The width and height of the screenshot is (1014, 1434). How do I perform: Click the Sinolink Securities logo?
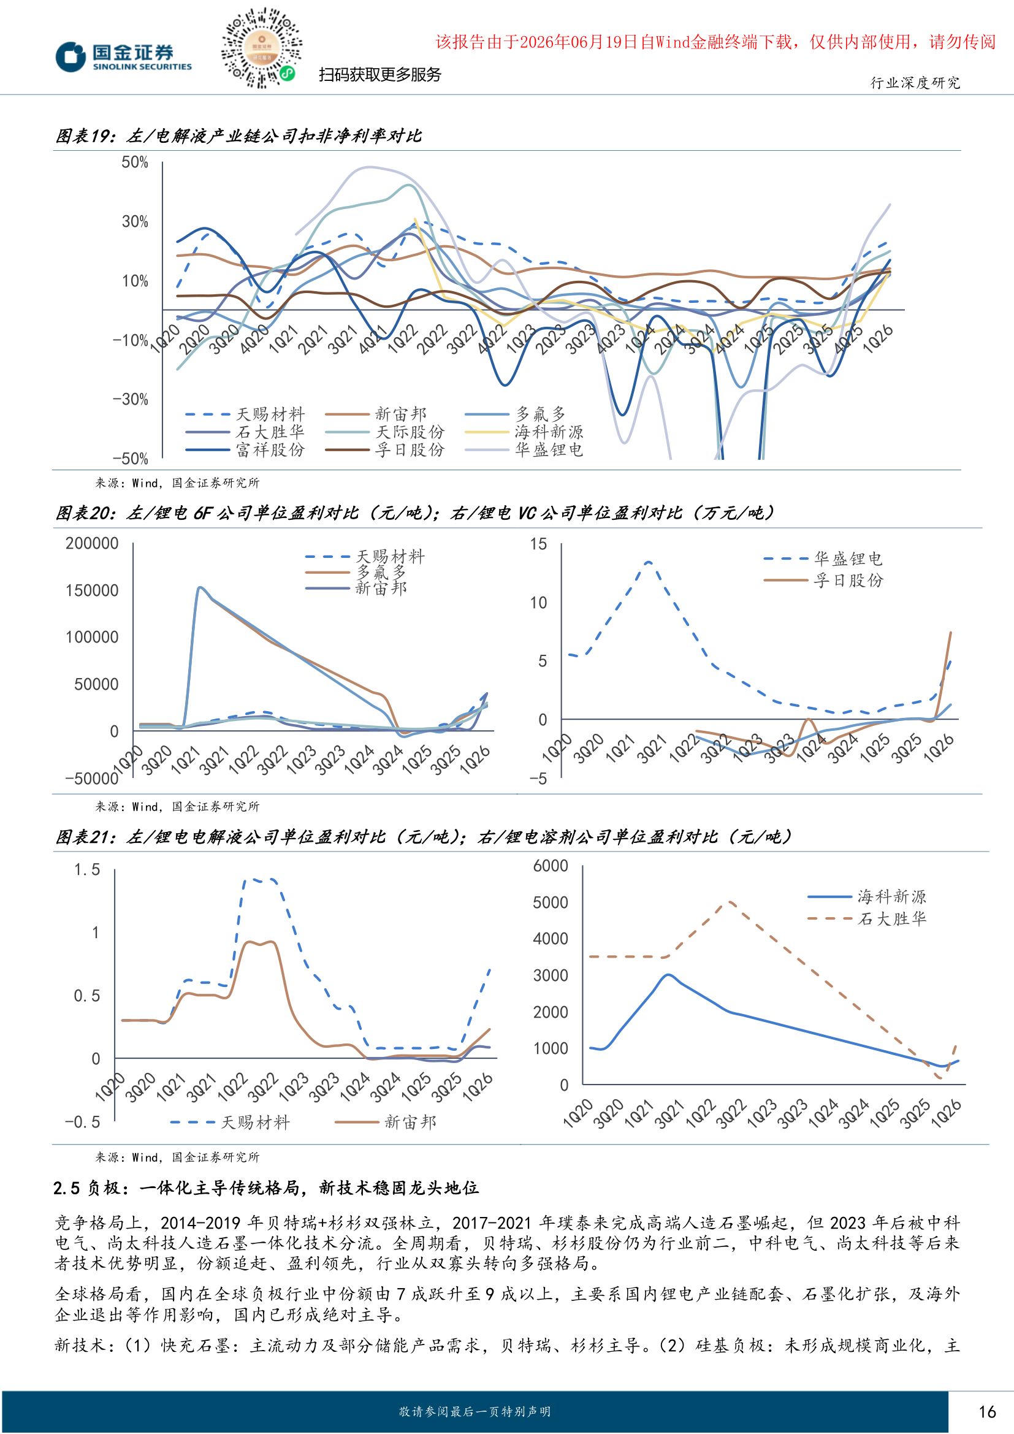coord(124,56)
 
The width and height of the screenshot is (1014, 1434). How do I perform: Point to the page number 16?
coord(987,1412)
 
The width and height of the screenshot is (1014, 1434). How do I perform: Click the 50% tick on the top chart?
coord(135,162)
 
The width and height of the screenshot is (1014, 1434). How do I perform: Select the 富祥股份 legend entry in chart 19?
coord(245,449)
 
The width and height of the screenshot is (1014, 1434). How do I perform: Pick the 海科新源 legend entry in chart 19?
coord(525,432)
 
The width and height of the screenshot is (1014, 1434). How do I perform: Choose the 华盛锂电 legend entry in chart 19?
coord(525,449)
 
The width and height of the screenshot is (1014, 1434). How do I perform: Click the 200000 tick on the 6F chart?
coord(92,543)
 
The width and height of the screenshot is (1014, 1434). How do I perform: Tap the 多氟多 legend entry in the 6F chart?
coord(356,572)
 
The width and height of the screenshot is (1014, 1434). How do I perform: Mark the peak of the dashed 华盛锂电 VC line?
coord(649,562)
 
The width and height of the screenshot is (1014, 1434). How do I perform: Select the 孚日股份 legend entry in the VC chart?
coord(823,580)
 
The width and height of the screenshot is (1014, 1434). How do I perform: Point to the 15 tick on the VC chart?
coord(538,544)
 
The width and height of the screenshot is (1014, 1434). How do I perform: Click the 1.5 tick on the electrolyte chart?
coord(87,869)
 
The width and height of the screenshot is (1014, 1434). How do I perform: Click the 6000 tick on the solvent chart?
coord(550,866)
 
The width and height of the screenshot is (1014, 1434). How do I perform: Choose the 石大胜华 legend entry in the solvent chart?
coord(867,919)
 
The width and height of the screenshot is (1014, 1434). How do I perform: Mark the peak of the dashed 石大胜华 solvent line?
coord(729,901)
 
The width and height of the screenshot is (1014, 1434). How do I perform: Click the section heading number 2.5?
coord(66,1188)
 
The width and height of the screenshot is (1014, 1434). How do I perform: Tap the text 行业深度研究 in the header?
coord(915,83)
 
